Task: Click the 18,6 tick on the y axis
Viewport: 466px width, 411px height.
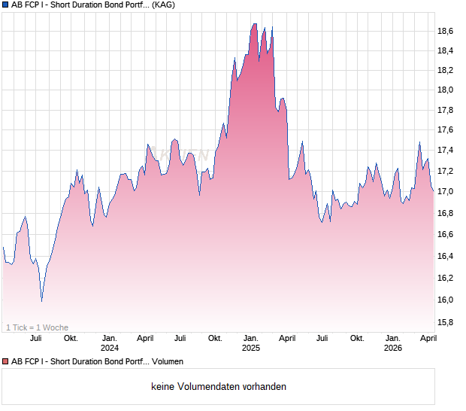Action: pos(446,31)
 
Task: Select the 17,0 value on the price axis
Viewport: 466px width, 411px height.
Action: pos(446,192)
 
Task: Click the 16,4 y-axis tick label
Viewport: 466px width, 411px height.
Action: pos(446,257)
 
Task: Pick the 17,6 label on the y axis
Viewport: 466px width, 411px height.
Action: pos(446,130)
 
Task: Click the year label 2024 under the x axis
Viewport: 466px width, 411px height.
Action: pos(110,348)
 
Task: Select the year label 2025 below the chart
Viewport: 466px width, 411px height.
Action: pos(251,348)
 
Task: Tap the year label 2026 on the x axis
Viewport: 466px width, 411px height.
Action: pos(393,348)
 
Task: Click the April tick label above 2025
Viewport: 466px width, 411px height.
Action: pos(287,338)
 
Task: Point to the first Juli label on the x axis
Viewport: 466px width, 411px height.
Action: pos(35,338)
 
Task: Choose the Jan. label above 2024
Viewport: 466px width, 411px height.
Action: pos(110,338)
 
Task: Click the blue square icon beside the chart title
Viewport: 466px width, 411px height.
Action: pos(5,5)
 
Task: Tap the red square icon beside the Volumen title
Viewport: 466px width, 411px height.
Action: pos(5,361)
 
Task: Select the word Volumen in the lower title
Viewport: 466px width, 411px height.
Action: pos(168,361)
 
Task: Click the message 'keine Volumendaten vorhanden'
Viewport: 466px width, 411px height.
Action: pos(219,387)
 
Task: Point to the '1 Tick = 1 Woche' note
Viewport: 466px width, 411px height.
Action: pos(37,327)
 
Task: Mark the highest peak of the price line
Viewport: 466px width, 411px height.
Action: pos(254,24)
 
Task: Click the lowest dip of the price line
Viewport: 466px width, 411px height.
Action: pos(41,300)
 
